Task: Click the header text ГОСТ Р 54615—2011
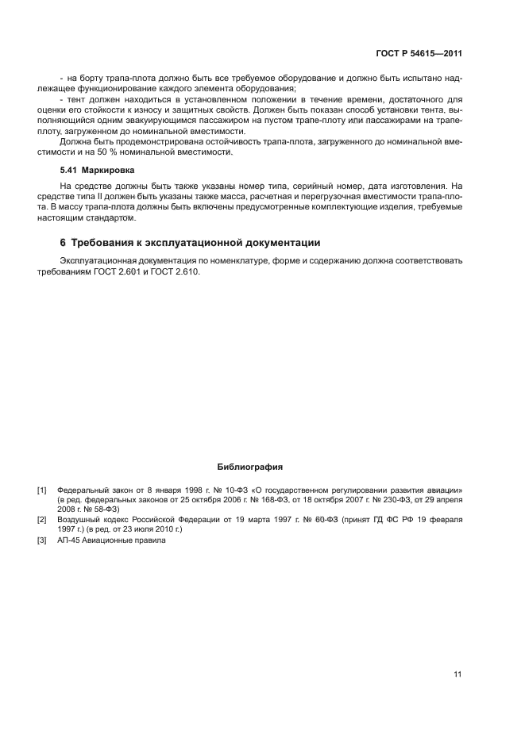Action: (419, 55)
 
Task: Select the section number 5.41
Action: (70, 171)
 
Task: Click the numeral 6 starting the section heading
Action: (64, 243)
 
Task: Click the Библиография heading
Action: (250, 467)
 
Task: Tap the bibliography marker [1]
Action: (42, 490)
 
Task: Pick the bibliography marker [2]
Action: (42, 519)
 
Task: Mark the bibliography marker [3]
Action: (42, 541)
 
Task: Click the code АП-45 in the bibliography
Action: (70, 541)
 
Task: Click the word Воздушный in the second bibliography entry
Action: (78, 519)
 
